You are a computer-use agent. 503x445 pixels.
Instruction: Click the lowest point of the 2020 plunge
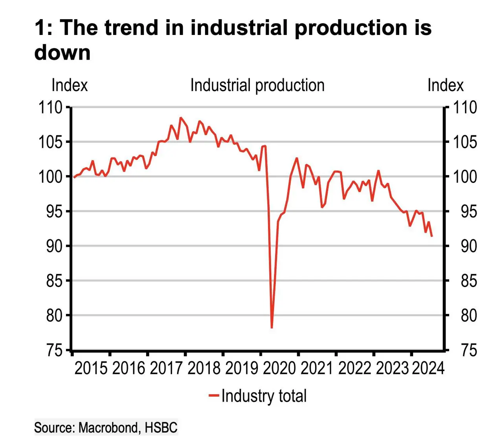click(272, 327)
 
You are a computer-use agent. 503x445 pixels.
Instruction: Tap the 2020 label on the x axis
click(279, 368)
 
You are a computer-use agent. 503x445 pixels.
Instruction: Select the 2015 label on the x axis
click(91, 368)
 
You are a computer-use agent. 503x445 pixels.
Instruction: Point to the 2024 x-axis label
click(428, 368)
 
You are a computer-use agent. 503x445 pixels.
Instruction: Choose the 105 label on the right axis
click(465, 142)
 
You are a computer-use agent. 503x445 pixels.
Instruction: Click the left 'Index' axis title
click(70, 85)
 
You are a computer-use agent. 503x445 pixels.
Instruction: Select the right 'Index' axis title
click(445, 85)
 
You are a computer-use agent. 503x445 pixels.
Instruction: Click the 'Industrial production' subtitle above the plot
click(257, 85)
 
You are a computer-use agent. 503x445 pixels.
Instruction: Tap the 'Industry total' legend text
click(264, 396)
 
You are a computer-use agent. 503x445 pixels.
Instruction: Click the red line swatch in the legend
click(213, 396)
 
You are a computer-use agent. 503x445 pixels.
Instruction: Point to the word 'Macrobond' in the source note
click(109, 427)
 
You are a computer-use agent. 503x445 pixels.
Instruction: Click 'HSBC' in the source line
click(161, 427)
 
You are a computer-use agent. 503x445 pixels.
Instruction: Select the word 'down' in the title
click(62, 52)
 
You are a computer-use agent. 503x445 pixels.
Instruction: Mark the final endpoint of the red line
click(432, 236)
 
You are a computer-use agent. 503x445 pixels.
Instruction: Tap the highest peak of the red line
click(180, 117)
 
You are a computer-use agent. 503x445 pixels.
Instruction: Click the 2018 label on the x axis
click(204, 368)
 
